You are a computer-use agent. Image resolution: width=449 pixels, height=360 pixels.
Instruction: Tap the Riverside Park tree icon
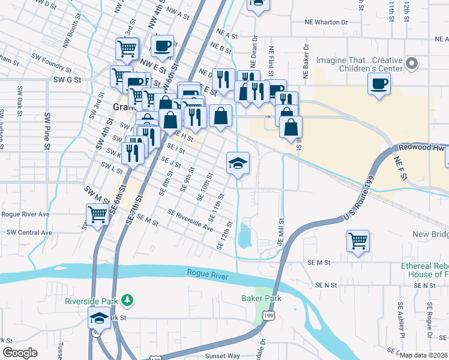(x=126, y=299)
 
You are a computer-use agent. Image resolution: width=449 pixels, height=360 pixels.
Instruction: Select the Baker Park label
(x=261, y=298)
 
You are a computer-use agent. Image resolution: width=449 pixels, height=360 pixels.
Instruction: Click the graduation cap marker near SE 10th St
(x=238, y=163)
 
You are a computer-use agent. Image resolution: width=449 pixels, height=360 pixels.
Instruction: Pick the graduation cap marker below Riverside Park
(x=99, y=318)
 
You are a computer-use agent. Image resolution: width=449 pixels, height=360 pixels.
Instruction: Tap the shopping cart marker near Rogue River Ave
(x=97, y=214)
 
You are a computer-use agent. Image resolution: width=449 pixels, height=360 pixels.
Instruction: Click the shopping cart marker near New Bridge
(x=358, y=241)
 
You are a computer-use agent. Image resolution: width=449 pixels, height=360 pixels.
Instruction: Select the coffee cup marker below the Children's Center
(x=379, y=84)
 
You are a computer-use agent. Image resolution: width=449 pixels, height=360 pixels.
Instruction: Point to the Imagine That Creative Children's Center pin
(x=412, y=63)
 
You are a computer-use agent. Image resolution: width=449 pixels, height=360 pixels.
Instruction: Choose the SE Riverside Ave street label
(x=191, y=220)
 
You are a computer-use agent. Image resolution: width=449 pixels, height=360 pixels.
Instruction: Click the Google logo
(x=20, y=353)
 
